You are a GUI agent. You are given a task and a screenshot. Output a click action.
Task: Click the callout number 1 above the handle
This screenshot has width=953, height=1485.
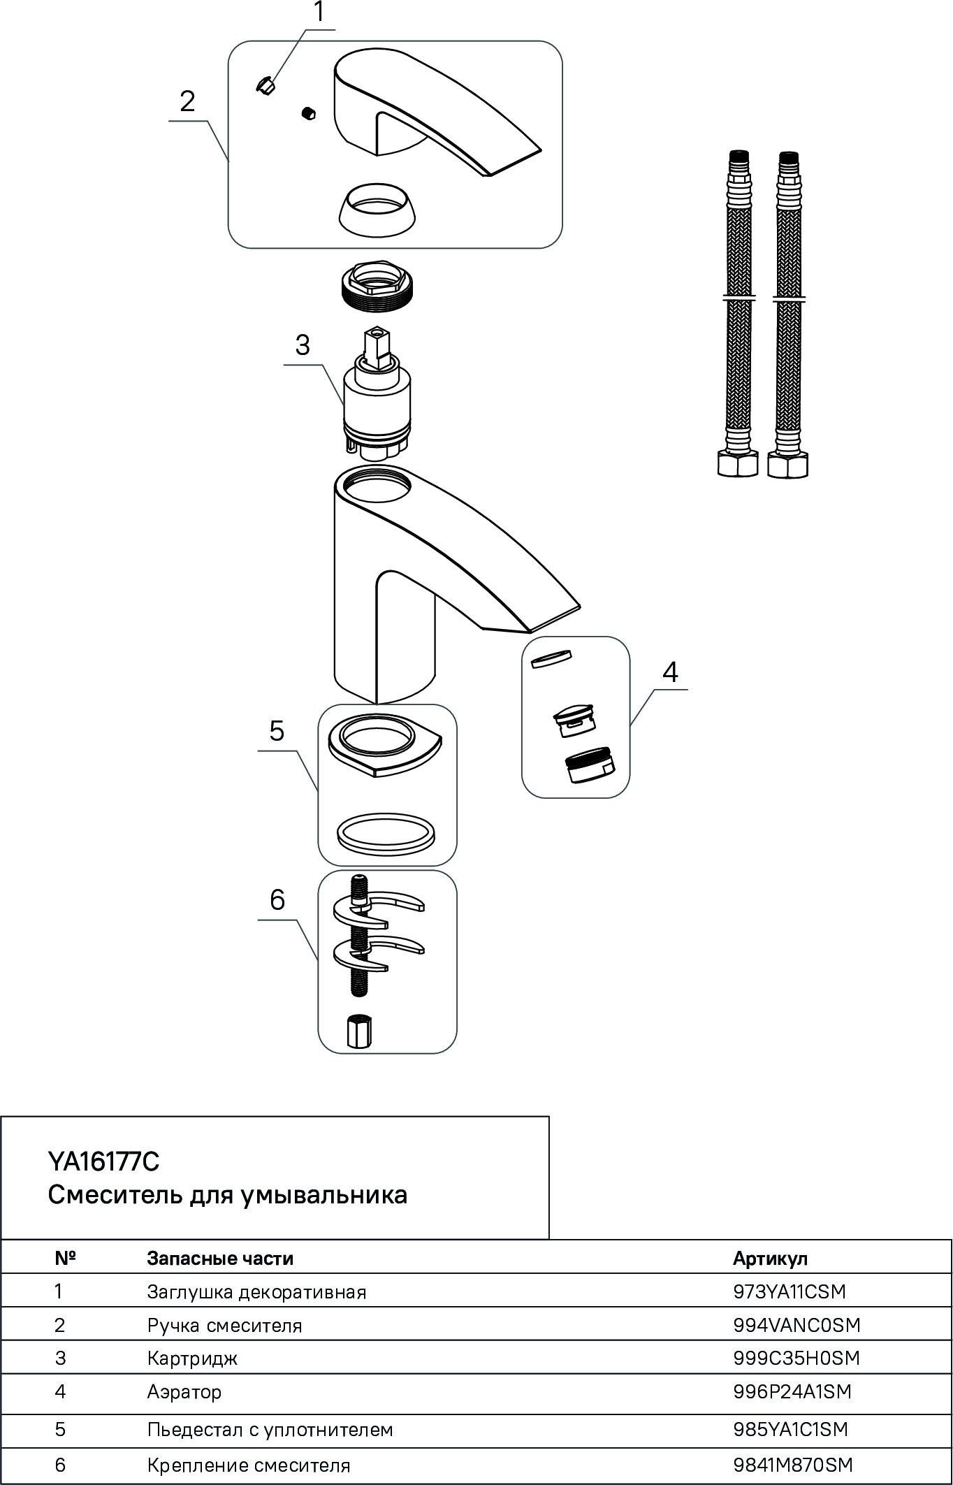point(319,13)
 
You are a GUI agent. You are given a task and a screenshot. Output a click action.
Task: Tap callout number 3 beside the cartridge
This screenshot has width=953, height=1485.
point(302,345)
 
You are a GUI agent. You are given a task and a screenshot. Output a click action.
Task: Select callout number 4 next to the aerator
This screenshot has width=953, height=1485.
point(669,672)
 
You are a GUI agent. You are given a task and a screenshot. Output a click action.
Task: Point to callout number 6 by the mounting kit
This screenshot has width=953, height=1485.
point(277,900)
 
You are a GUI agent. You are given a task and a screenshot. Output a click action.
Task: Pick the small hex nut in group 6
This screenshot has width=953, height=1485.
point(358,1031)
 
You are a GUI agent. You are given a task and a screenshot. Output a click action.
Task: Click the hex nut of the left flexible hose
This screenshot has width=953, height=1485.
point(738,465)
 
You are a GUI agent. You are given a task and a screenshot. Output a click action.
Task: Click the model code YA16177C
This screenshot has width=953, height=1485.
point(103,1161)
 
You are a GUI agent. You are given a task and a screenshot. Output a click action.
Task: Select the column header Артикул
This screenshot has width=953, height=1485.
point(770,1259)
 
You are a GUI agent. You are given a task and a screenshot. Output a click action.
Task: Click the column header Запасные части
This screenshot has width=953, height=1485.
point(220,1259)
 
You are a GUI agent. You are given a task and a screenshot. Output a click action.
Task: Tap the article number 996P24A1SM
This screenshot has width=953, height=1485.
point(792,1391)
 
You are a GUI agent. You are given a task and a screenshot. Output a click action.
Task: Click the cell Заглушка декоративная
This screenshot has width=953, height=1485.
point(256,1291)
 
